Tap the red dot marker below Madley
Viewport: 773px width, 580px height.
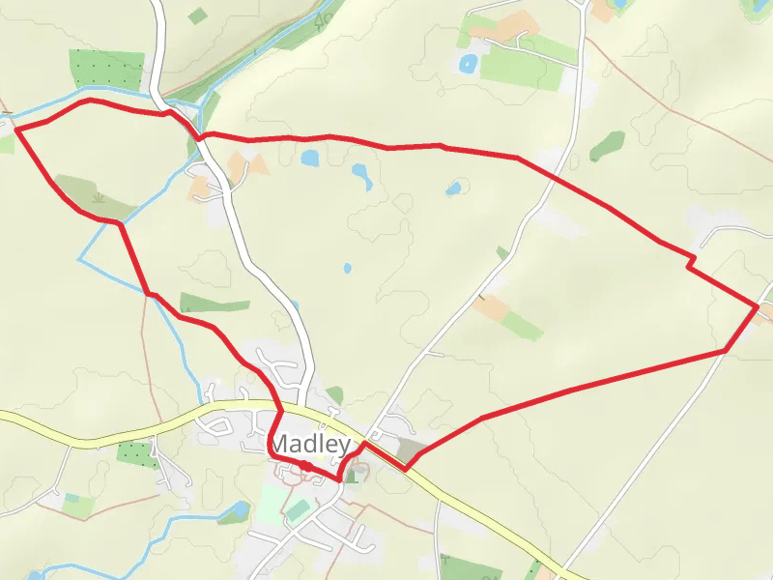pyautogui.click(x=304, y=466)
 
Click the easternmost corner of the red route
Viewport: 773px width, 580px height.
pyautogui.click(x=757, y=306)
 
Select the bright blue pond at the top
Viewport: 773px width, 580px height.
pyautogui.click(x=469, y=65)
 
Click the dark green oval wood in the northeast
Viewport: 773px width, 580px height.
pyautogui.click(x=608, y=145)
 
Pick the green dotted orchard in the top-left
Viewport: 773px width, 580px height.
pyautogui.click(x=106, y=69)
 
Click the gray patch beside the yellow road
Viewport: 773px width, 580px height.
pyautogui.click(x=411, y=449)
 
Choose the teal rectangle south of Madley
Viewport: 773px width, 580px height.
pyautogui.click(x=299, y=509)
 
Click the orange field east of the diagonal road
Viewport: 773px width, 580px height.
pyautogui.click(x=492, y=308)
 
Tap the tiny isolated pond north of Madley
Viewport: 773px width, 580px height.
pyautogui.click(x=347, y=269)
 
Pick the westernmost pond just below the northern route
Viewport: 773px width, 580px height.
pyautogui.click(x=310, y=158)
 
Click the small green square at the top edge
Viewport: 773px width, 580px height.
pyautogui.click(x=197, y=15)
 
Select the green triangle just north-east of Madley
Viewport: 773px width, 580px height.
pyautogui.click(x=335, y=394)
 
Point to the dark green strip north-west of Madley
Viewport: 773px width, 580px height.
pyautogui.click(x=215, y=304)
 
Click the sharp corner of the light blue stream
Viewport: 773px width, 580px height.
pyautogui.click(x=79, y=259)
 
